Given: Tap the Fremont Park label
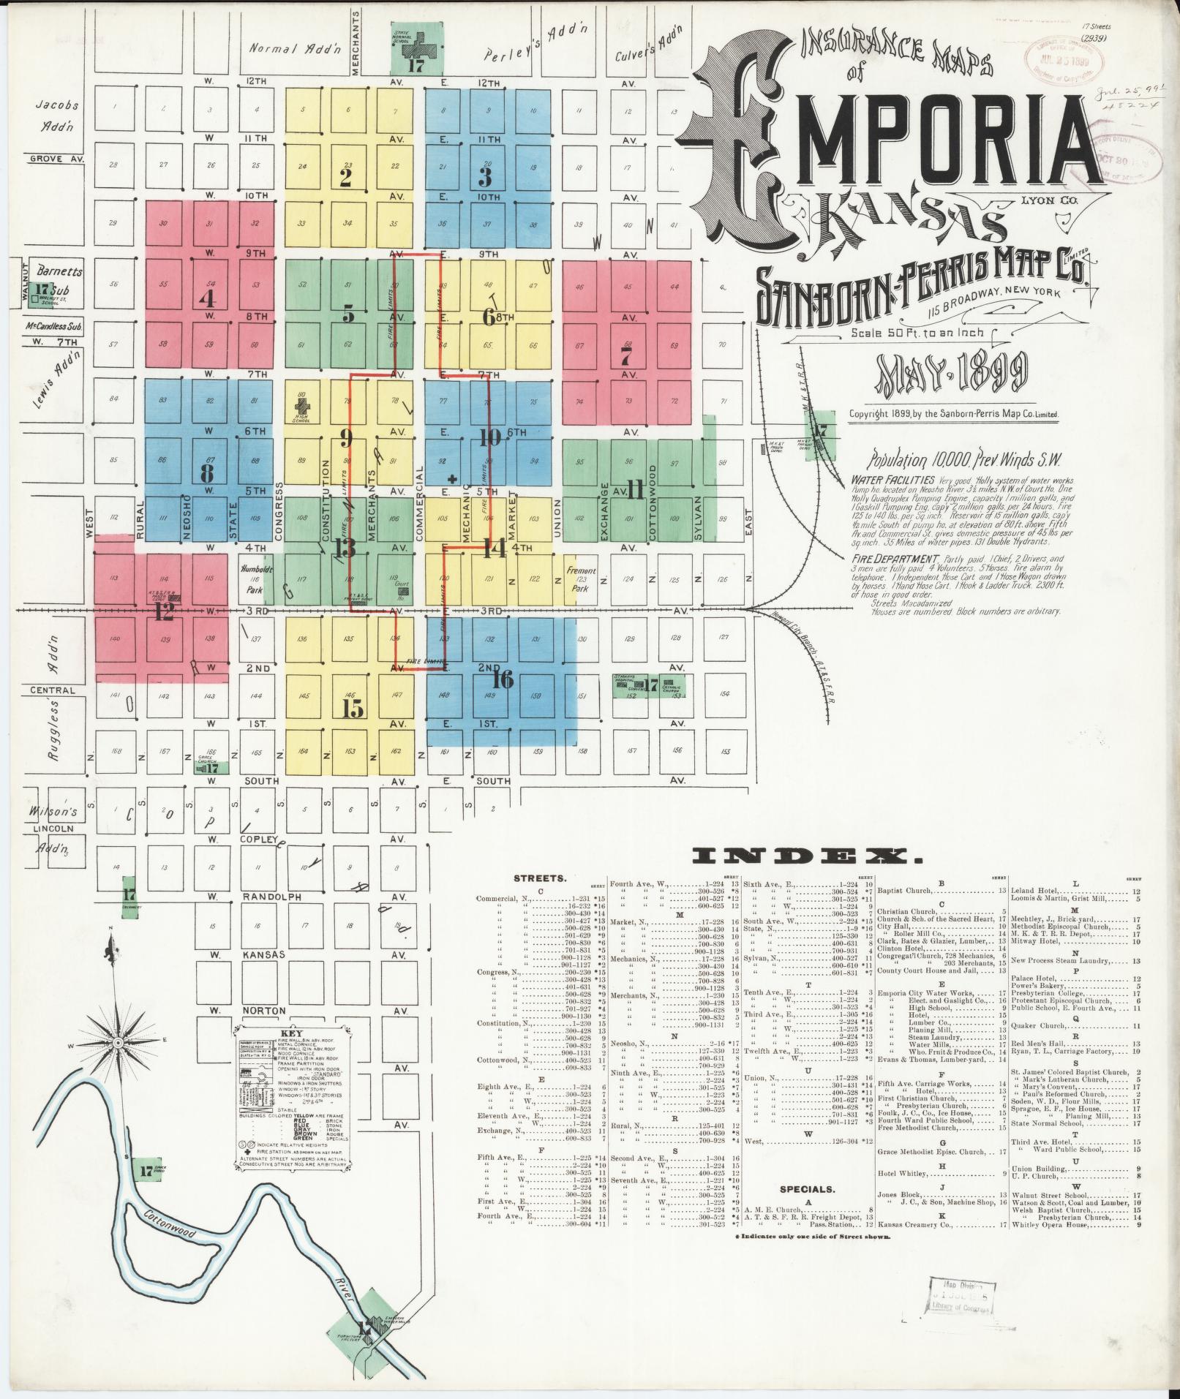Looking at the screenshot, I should tap(582, 575).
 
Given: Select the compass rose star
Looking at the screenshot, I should tap(117, 1041).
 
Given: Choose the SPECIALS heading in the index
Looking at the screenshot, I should tap(808, 1210).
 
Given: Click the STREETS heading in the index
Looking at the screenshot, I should tap(538, 878).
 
